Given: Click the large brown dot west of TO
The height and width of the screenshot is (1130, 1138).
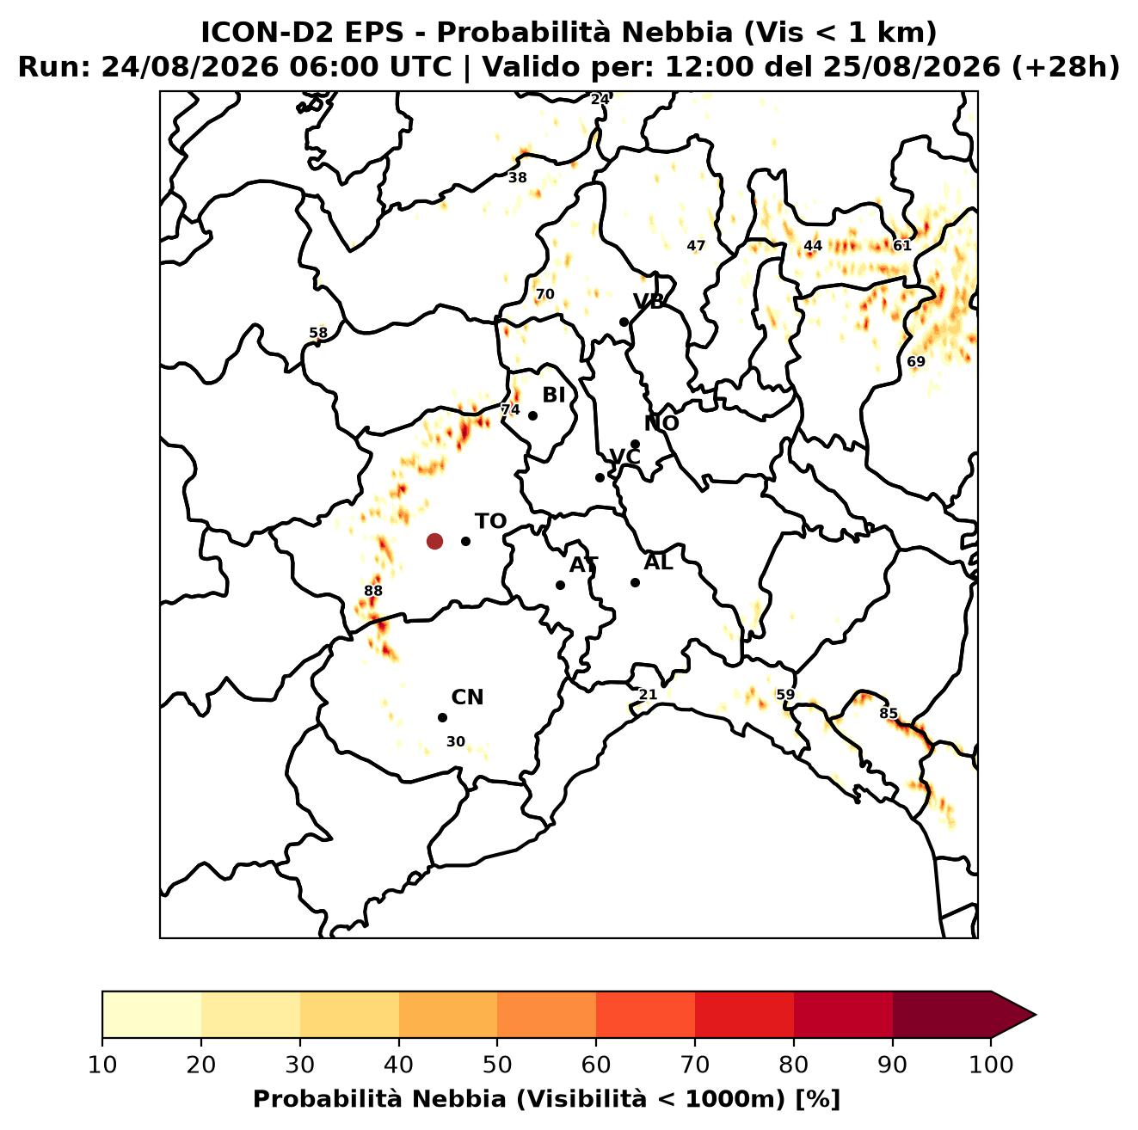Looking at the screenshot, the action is coord(434,541).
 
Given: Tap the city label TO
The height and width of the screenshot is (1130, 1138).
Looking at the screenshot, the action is coord(491,522).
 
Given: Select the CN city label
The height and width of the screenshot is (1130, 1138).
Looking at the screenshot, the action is coord(467,697).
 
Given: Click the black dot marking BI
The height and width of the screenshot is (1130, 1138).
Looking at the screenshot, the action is coord(532,416).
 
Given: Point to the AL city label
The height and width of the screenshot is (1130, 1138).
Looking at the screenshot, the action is coord(659,562).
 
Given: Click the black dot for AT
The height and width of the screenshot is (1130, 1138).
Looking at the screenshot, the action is coord(561,586).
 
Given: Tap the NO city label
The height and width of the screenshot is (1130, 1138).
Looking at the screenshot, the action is coord(661,423).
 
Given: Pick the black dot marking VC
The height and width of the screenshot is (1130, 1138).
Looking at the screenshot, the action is coord(600,477).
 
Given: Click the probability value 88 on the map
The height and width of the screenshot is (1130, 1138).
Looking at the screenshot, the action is coord(373,591).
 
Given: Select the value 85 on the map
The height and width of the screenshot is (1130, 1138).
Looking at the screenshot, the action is coord(889,714).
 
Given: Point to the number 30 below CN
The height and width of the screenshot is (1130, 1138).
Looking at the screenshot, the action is coord(456,741).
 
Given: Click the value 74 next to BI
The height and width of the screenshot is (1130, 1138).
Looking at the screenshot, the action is coord(510,409).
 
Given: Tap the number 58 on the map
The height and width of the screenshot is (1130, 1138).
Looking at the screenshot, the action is coord(318,333).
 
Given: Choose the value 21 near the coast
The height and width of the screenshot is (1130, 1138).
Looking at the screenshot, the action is coord(648,695).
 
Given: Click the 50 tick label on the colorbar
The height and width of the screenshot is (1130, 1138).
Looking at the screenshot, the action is coord(497,1065).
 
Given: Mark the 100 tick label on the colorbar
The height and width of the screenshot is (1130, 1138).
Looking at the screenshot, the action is coord(991,1065).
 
